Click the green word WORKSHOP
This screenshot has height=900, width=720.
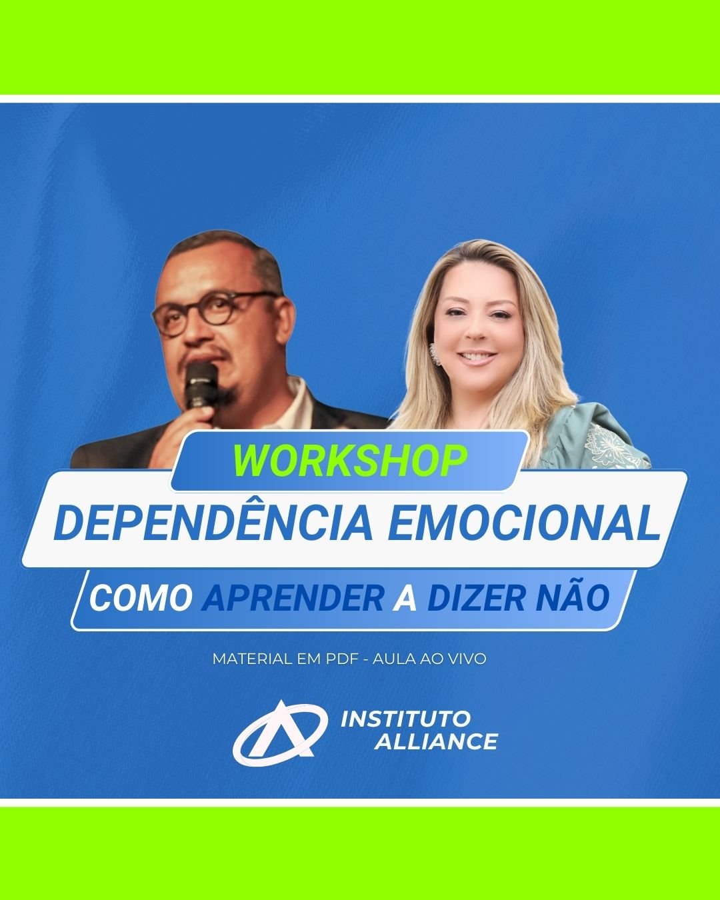[x=350, y=461]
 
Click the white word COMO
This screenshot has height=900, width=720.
[x=141, y=598]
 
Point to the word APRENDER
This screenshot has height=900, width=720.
[x=293, y=598]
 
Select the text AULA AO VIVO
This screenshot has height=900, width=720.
[x=429, y=659]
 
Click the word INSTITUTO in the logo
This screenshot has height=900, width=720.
[x=405, y=719]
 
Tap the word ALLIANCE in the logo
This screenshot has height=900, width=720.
[x=436, y=742]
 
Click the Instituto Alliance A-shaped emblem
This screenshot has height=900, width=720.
[x=280, y=732]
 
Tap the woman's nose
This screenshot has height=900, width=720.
[x=477, y=331]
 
